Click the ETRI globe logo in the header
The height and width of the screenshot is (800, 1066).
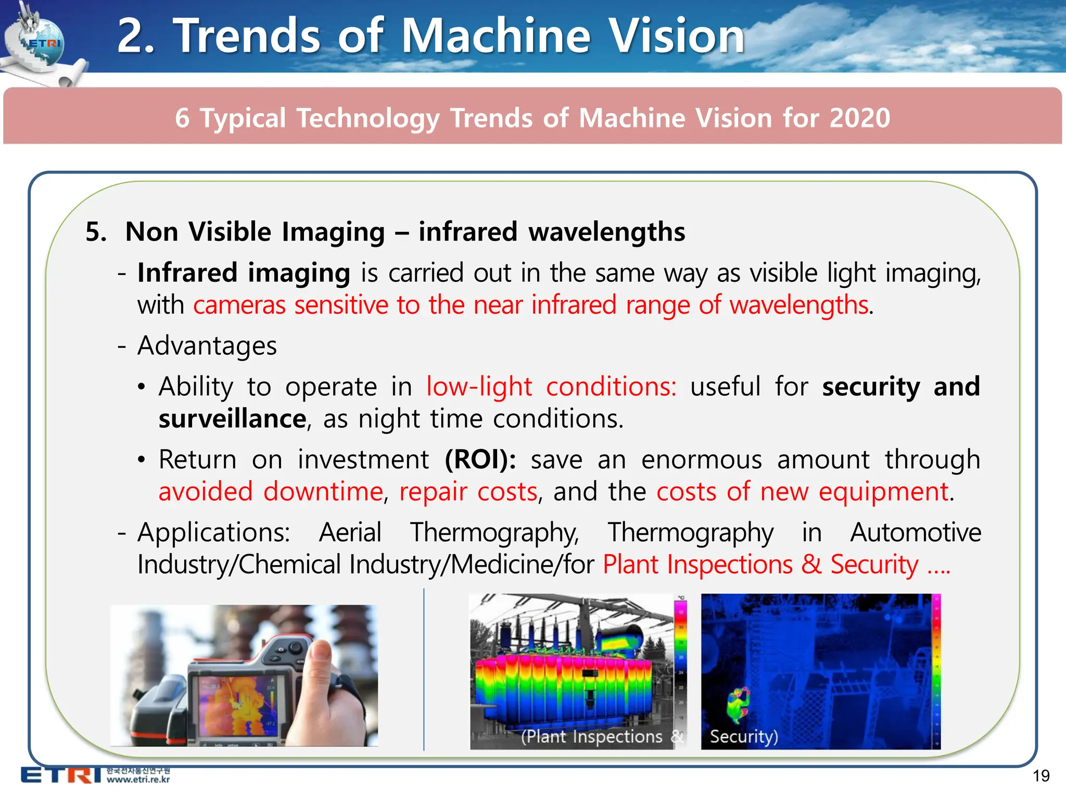pos(42,42)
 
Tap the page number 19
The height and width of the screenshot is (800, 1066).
pos(1040,776)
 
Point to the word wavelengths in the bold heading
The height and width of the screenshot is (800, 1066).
pos(607,231)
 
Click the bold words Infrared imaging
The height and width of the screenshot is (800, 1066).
pos(244,273)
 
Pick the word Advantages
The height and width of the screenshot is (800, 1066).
pos(207,346)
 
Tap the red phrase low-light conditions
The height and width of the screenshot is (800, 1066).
pos(551,386)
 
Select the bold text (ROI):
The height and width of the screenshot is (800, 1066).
pos(480,459)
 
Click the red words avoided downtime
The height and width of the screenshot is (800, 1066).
pos(271,492)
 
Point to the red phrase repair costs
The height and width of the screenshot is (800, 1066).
pos(468,492)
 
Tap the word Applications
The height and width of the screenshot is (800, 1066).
pos(213,532)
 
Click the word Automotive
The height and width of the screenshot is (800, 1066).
pos(916,532)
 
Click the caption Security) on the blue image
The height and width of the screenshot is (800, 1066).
pos(744,736)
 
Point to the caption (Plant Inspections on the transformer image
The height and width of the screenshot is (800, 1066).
pos(592,736)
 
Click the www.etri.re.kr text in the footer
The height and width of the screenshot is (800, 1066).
pos(138,780)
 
